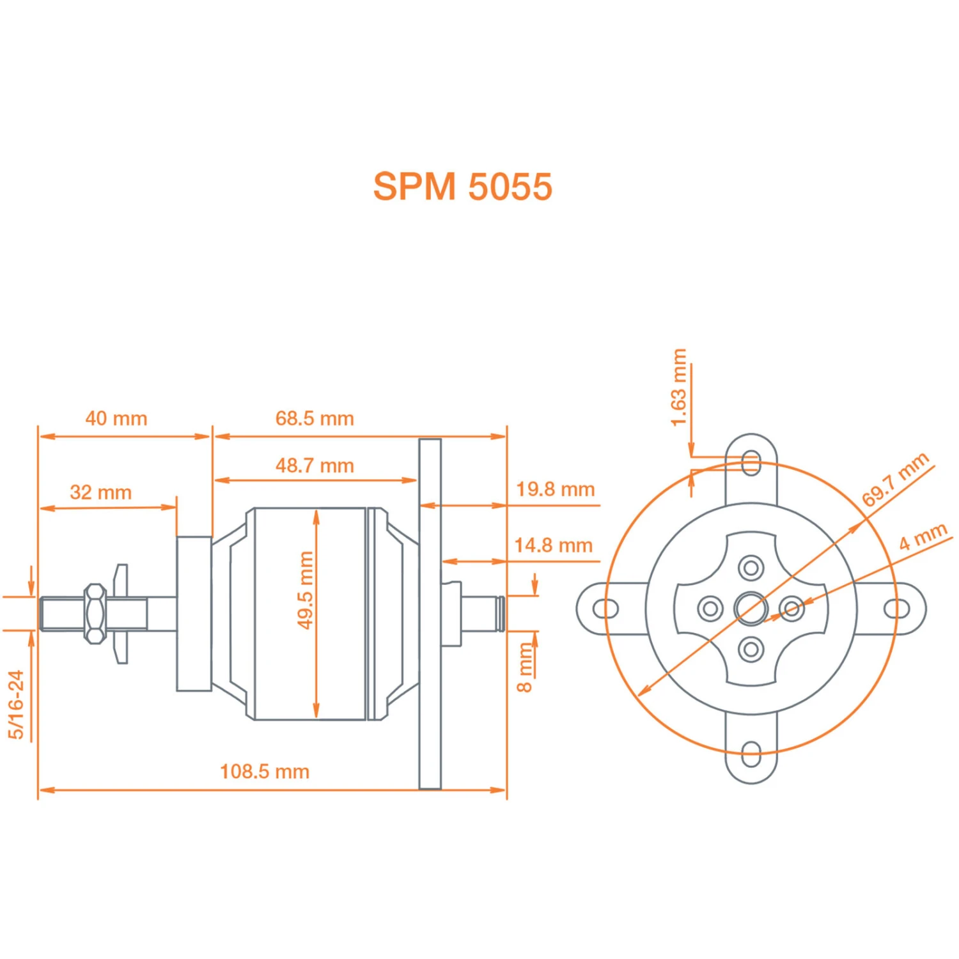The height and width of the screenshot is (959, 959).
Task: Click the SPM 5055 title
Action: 462,187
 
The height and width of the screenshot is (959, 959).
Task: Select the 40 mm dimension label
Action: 116,419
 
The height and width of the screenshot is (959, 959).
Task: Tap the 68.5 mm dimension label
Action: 315,419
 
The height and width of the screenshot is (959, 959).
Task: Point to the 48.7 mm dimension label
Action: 315,465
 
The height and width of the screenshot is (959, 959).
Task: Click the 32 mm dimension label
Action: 101,492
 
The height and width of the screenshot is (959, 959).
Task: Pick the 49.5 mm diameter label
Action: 306,589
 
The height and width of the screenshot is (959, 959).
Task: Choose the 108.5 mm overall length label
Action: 265,772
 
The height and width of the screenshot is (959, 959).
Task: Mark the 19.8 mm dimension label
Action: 555,490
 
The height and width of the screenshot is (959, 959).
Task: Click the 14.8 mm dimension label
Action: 554,545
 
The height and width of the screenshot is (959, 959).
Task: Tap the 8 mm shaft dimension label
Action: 525,668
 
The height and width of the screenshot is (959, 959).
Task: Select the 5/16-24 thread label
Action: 17,705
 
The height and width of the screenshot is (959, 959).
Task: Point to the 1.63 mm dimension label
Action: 679,387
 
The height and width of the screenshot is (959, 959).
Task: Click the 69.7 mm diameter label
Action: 895,479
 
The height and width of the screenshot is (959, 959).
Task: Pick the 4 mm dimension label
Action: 923,536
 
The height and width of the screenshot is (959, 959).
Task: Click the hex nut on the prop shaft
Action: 95,614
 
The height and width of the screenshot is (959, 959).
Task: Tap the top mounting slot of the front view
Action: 752,463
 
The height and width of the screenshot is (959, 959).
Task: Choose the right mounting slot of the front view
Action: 897,608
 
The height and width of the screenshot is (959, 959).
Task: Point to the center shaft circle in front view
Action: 751,608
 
